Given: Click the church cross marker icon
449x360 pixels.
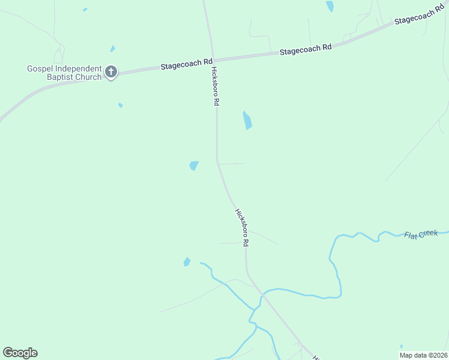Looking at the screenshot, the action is click(x=110, y=72).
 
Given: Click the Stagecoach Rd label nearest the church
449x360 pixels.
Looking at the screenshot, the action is click(x=187, y=64).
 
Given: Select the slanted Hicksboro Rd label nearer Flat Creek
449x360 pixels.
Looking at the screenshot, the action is click(x=242, y=227).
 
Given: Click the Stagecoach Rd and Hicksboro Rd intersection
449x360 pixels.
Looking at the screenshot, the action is click(x=211, y=60).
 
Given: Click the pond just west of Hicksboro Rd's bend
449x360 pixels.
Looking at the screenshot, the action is click(x=194, y=166).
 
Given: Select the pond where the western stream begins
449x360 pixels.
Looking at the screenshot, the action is click(x=187, y=262).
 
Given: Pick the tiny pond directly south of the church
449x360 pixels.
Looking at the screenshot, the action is click(x=121, y=106).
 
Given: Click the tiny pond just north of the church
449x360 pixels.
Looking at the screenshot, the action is click(x=112, y=49).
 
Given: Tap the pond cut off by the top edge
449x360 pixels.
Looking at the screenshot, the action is click(x=330, y=6).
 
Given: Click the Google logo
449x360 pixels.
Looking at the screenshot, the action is click(x=20, y=353).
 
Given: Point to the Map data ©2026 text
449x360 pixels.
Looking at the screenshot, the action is click(x=424, y=355).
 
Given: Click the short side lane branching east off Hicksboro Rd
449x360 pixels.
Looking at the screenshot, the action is click(x=231, y=163).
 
